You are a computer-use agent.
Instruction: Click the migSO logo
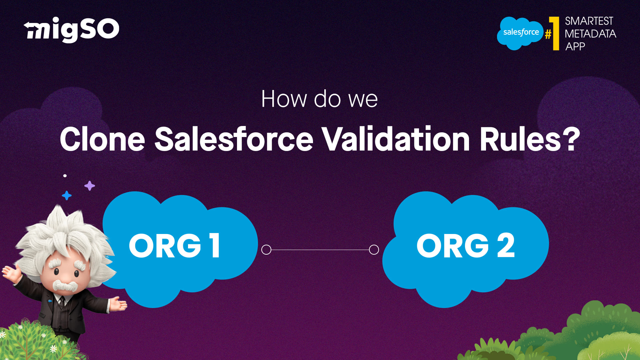pyautogui.click(x=71, y=30)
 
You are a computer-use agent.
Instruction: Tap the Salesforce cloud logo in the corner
pyautogui.click(x=520, y=33)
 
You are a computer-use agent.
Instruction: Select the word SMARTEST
pyautogui.click(x=589, y=21)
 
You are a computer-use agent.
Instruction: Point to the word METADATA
pyautogui.click(x=590, y=34)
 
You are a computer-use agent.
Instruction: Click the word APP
pyautogui.click(x=575, y=46)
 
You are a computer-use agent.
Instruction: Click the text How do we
pyautogui.click(x=319, y=99)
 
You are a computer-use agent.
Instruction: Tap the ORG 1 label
pyautogui.click(x=175, y=245)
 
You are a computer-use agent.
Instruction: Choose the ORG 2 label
pyautogui.click(x=466, y=245)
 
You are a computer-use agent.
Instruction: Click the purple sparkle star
pyautogui.click(x=89, y=186)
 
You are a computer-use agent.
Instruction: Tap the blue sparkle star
pyautogui.click(x=67, y=195)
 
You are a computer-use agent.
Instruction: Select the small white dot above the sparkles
pyautogui.click(x=65, y=176)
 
